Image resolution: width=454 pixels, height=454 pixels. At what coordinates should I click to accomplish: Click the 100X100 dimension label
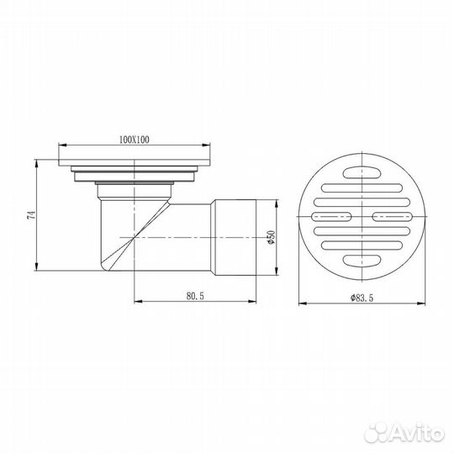[135, 140]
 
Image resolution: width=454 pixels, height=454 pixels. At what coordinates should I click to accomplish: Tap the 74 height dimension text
[31, 215]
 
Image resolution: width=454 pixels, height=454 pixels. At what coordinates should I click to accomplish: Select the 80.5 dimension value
[195, 296]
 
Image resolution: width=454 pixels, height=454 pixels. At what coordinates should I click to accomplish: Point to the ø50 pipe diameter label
[272, 237]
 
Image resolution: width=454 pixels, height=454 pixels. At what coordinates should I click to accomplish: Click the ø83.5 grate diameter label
[362, 298]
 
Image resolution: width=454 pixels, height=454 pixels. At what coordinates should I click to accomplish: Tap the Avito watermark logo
[404, 434]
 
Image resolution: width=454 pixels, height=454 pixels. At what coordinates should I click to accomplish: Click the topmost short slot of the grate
[362, 173]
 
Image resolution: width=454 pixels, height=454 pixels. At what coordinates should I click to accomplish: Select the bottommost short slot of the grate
[362, 261]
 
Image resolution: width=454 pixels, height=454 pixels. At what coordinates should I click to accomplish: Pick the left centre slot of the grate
[331, 217]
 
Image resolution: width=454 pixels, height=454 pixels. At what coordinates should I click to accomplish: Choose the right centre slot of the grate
[393, 217]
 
